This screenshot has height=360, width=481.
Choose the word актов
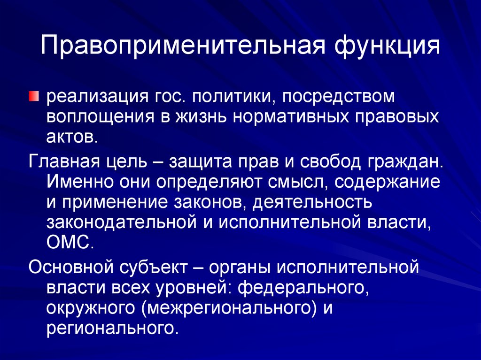pos(72,138)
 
